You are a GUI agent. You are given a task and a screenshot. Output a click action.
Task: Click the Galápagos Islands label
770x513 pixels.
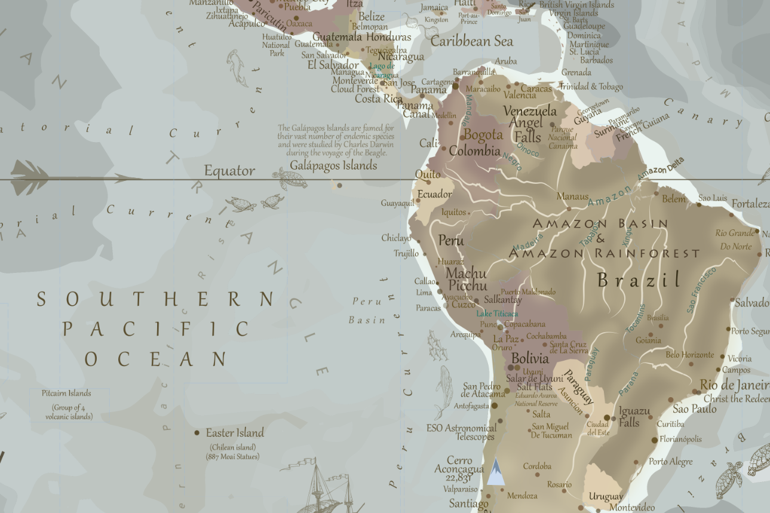333,165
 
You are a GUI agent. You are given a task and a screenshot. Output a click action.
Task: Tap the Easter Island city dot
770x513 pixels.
197,433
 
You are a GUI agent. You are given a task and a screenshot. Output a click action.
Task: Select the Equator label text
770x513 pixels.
229,171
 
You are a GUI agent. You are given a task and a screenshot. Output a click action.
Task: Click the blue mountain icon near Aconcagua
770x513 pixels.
495,471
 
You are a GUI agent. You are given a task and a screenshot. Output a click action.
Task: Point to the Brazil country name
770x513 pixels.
639,279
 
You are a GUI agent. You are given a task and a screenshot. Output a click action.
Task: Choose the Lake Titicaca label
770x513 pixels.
496,314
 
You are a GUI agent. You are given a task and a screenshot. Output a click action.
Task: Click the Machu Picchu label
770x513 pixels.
467,279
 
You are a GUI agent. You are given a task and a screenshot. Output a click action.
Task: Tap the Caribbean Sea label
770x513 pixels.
471,41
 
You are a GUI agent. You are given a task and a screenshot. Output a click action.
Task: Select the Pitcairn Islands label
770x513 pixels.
66,393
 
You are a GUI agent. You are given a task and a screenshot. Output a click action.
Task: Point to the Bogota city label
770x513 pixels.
483,134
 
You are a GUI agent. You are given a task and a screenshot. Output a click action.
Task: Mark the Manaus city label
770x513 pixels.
572,196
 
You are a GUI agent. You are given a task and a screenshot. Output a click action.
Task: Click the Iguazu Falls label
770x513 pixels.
634,417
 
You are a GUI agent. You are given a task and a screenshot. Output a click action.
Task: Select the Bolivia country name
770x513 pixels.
530,359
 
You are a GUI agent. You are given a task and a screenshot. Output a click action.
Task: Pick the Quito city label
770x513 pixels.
428,174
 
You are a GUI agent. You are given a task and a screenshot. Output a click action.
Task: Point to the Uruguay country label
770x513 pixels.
606,496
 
